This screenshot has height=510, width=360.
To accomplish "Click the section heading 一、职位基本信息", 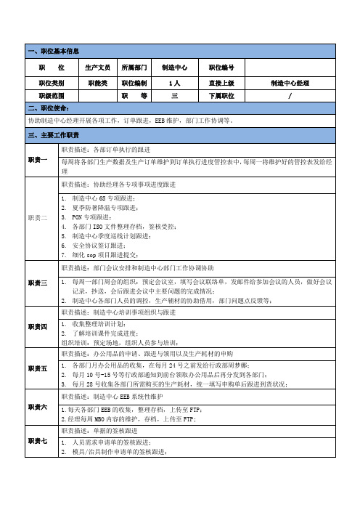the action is click(54, 52).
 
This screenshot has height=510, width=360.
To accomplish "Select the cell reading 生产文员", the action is click(97, 68).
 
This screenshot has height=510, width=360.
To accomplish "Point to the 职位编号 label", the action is click(221, 68).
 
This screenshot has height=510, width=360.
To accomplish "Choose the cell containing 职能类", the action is click(97, 84).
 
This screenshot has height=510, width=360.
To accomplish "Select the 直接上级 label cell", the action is click(221, 84).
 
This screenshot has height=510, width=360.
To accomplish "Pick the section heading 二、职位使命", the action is click(49, 107).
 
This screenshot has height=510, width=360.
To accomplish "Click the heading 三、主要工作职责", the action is click(55, 136).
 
